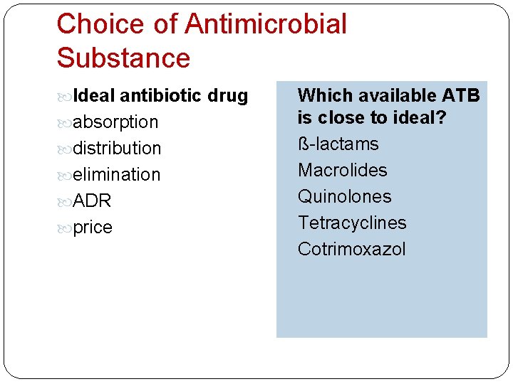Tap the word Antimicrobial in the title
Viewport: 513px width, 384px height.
pyautogui.click(x=266, y=24)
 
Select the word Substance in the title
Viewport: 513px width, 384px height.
pyautogui.click(x=123, y=58)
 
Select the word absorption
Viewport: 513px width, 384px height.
pyautogui.click(x=115, y=122)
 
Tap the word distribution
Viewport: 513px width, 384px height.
pyautogui.click(x=118, y=148)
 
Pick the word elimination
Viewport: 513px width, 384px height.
pyautogui.click(x=117, y=174)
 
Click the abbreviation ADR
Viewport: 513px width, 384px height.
pyautogui.click(x=93, y=201)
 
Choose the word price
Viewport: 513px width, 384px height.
pyautogui.click(x=93, y=228)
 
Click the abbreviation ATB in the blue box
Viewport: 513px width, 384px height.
pyautogui.click(x=461, y=95)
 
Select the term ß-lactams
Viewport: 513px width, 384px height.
pyautogui.click(x=338, y=144)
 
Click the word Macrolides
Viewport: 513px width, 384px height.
pyautogui.click(x=342, y=170)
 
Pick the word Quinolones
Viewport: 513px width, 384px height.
pyautogui.click(x=344, y=196)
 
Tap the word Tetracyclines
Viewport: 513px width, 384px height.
pyautogui.click(x=352, y=223)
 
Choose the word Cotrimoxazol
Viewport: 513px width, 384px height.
pyautogui.click(x=351, y=249)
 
